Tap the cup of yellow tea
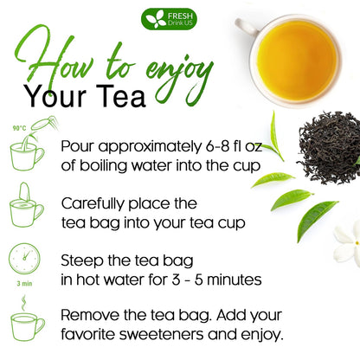point(296,49)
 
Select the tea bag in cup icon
point(26,208)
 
